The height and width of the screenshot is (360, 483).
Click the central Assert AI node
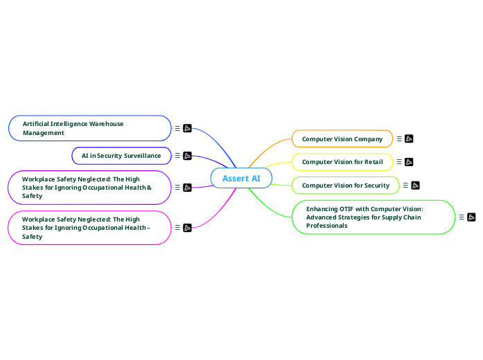coord(241,179)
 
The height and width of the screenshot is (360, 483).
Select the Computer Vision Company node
coord(342,139)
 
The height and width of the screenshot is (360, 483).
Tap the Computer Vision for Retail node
coord(342,162)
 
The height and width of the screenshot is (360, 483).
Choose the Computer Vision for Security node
coord(345,186)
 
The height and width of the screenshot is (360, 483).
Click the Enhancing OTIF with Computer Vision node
coord(373,217)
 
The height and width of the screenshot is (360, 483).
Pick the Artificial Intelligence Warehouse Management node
coord(89,128)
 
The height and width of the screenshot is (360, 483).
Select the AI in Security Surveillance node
coord(121,156)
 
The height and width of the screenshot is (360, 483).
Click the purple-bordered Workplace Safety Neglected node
coord(89,188)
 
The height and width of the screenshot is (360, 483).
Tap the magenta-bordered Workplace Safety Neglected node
coord(89,228)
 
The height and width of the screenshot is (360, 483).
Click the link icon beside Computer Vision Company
coord(409,139)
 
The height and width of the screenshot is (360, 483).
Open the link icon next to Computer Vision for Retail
coord(409,162)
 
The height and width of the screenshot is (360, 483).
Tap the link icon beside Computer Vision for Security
coord(415,186)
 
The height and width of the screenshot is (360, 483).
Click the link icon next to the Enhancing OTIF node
coord(471,217)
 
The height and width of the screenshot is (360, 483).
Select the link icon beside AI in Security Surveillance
coord(187,156)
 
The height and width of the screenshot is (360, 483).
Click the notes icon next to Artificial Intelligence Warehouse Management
coord(177,128)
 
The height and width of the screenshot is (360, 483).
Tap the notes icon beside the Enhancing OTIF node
coord(462,217)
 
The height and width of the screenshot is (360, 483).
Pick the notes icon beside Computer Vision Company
coord(399,139)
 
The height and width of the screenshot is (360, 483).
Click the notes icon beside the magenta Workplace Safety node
coord(177,228)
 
